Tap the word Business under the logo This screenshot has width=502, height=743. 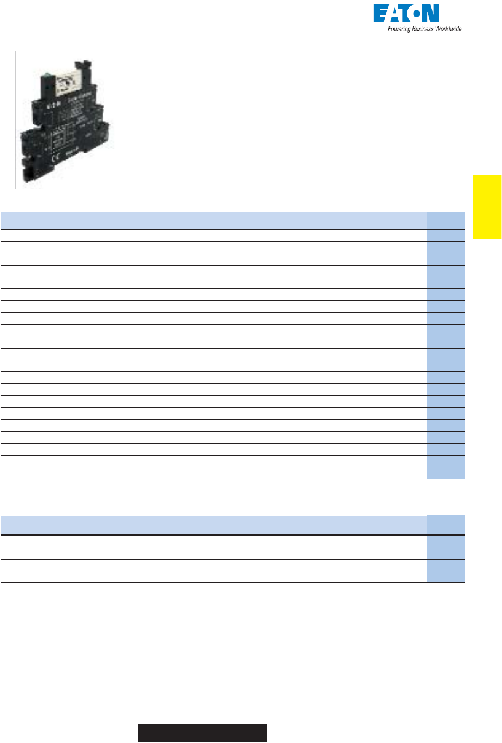point(425,29)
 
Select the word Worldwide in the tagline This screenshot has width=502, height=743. point(449,29)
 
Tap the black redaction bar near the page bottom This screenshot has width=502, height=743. point(202,733)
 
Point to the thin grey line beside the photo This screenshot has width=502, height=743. point(15,120)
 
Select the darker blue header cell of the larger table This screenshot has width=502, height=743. point(446,221)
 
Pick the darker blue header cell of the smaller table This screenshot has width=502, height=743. point(446,525)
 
